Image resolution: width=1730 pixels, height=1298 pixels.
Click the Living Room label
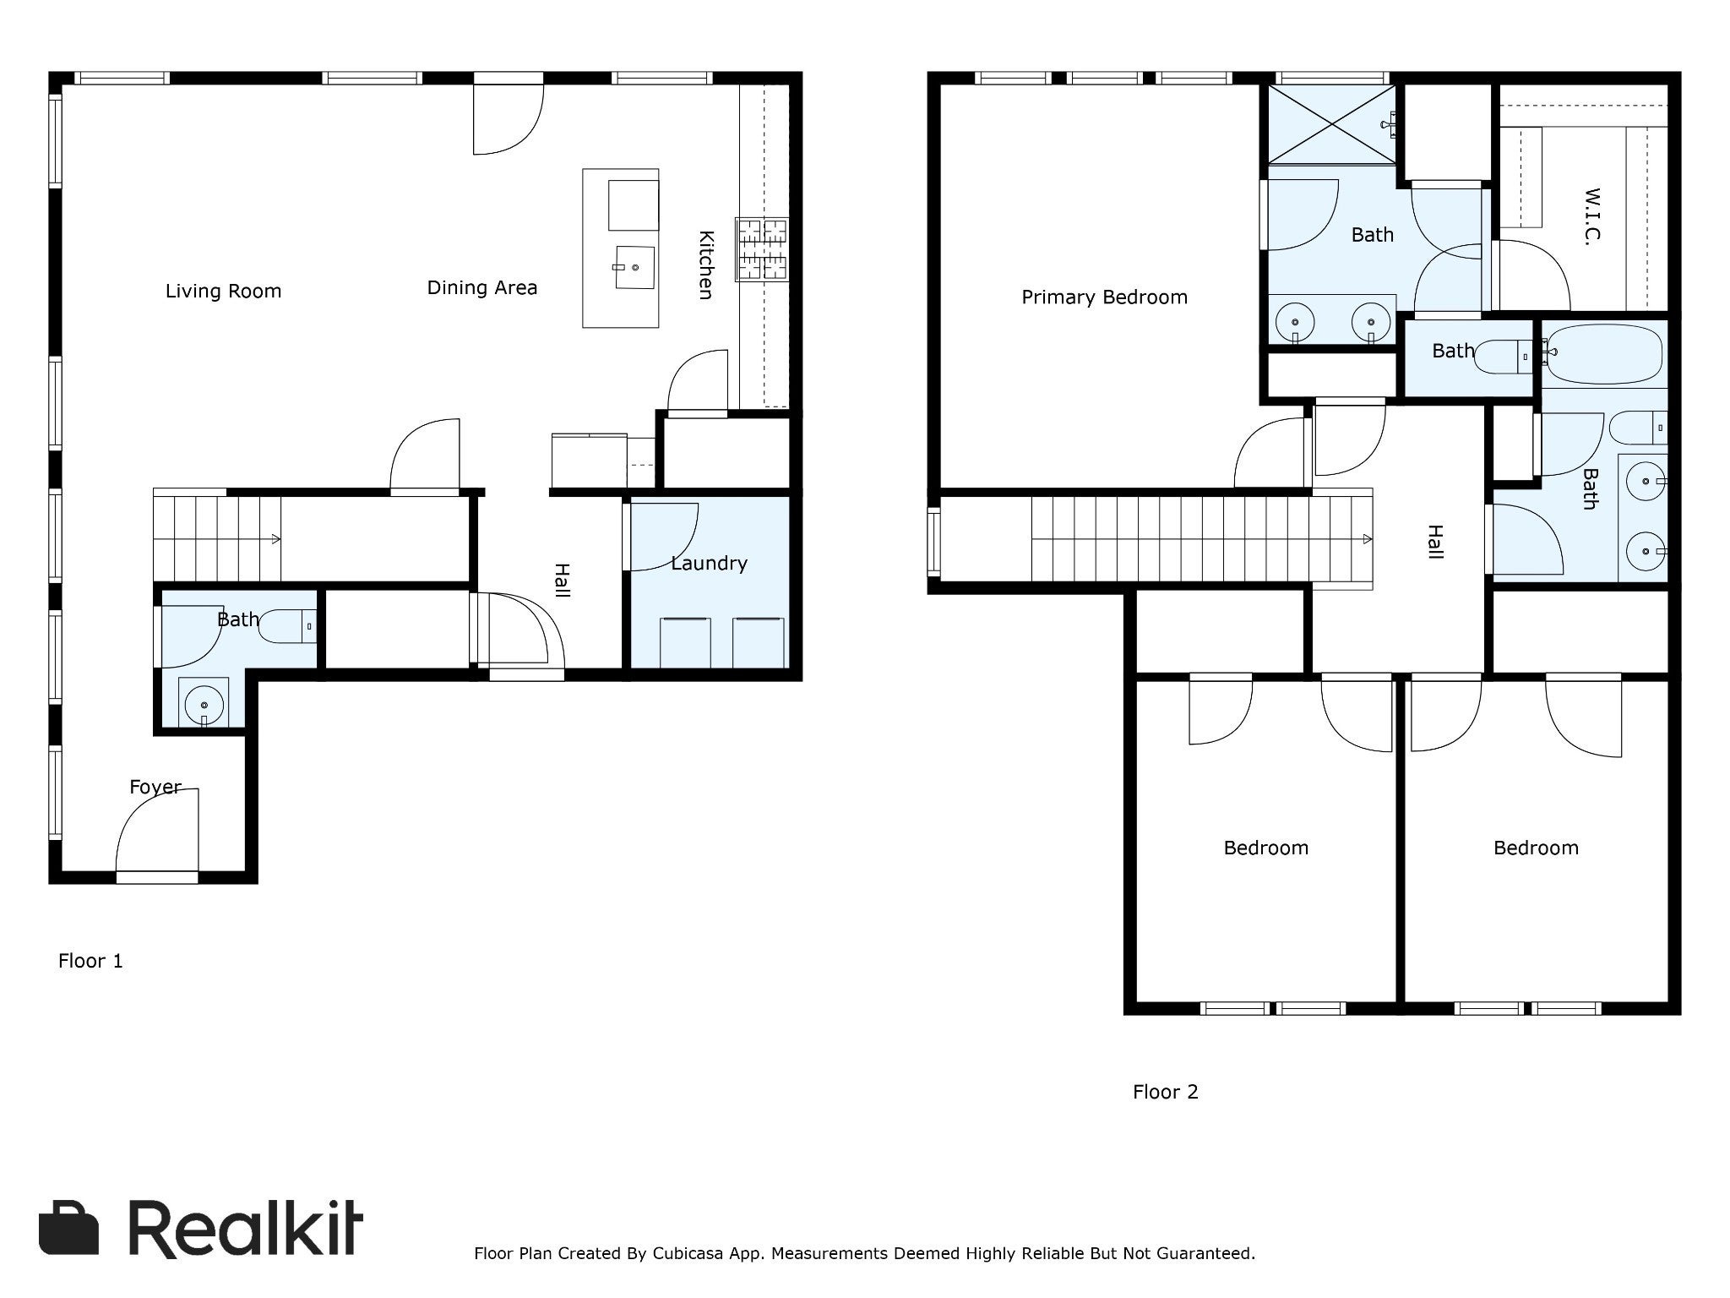click(x=223, y=292)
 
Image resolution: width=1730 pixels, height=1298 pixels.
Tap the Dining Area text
click(x=481, y=288)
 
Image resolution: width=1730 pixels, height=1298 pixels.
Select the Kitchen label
click(x=706, y=265)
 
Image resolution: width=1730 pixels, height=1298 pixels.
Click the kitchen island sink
click(x=634, y=267)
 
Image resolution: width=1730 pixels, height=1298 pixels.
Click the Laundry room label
click(x=709, y=564)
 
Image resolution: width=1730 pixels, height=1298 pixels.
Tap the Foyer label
click(x=155, y=787)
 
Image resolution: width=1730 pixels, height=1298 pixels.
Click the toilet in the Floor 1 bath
click(x=287, y=626)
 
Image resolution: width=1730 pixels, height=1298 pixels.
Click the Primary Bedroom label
click(x=1104, y=297)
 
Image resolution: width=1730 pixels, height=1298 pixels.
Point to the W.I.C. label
click(x=1591, y=216)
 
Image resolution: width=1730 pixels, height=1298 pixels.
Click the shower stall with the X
click(x=1332, y=126)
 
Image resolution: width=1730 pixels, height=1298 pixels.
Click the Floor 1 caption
click(x=90, y=961)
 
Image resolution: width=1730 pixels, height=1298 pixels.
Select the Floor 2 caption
click(x=1165, y=1092)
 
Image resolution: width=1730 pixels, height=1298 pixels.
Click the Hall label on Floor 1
click(x=562, y=581)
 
